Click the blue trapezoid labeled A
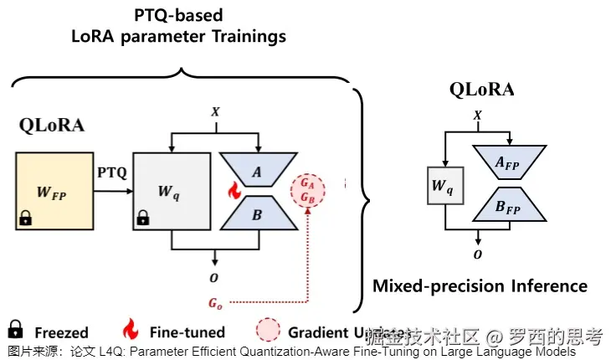tap(256, 171)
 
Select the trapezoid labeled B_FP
tap(510, 206)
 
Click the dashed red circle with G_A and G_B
tap(308, 191)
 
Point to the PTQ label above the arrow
tap(111, 172)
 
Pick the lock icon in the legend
tap(15, 330)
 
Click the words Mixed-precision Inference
tap(480, 286)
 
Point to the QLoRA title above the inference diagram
tap(481, 89)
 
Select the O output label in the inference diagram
tap(477, 252)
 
